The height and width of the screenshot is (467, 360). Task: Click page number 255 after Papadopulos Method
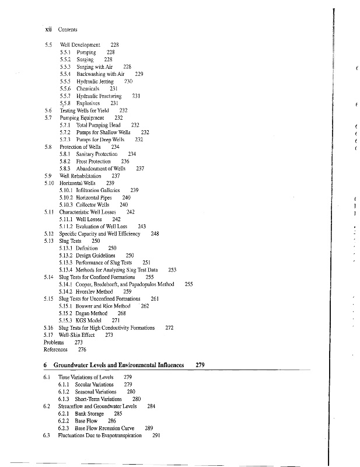pos(188,284)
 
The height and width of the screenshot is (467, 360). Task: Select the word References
pos(55,350)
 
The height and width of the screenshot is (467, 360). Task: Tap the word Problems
pos(54,342)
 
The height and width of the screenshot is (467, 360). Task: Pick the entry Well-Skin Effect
pos(77,335)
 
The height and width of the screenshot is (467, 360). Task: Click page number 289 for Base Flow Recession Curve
pos(149,428)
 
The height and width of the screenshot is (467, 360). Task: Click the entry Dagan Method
pos(93,313)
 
